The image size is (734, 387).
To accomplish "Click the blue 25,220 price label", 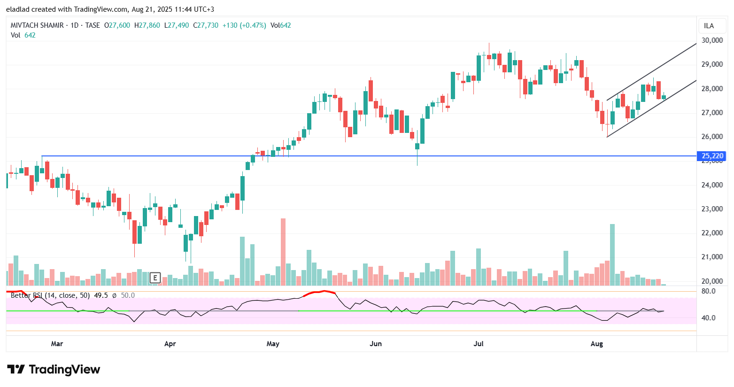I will [712, 156].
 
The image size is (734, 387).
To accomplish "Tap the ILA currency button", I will [709, 26].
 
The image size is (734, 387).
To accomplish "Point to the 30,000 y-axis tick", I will [712, 40].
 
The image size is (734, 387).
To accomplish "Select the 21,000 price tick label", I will [712, 257].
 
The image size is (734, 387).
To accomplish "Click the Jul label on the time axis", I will [479, 344].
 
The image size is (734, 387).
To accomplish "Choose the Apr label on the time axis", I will [170, 344].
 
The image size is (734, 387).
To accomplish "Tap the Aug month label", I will [596, 344].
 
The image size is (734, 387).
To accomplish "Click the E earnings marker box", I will [155, 278].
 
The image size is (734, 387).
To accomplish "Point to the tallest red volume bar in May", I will [283, 252].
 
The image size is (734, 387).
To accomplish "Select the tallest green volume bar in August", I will [612, 255].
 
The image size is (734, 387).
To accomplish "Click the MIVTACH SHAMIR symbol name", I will [37, 25].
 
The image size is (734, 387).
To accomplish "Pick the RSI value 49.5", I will [101, 295].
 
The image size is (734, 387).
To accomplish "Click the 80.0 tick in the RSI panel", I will [709, 291].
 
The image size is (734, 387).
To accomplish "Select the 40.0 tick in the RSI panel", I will [709, 318].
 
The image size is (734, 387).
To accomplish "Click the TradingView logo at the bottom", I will [54, 370].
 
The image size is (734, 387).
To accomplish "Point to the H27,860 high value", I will [147, 25].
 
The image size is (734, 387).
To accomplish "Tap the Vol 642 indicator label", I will [23, 35].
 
